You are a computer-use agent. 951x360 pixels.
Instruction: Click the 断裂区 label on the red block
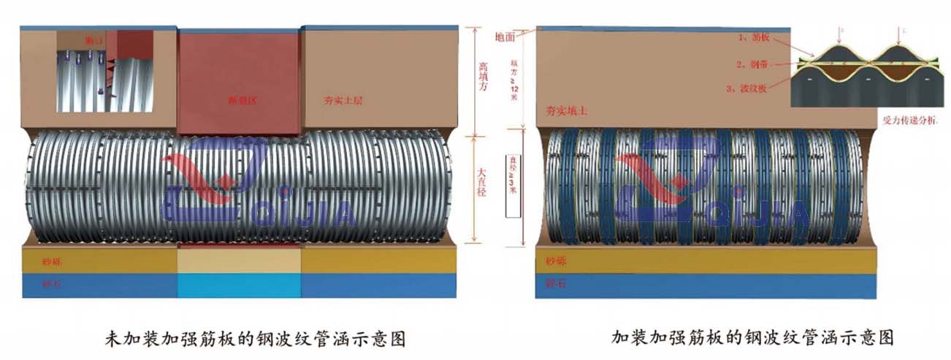[239, 100]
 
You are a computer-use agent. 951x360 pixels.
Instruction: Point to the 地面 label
[505, 36]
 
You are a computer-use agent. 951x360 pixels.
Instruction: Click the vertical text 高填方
[482, 80]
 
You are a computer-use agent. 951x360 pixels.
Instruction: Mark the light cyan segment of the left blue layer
[239, 286]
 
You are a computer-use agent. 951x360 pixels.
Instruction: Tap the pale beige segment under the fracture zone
[239, 259]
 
